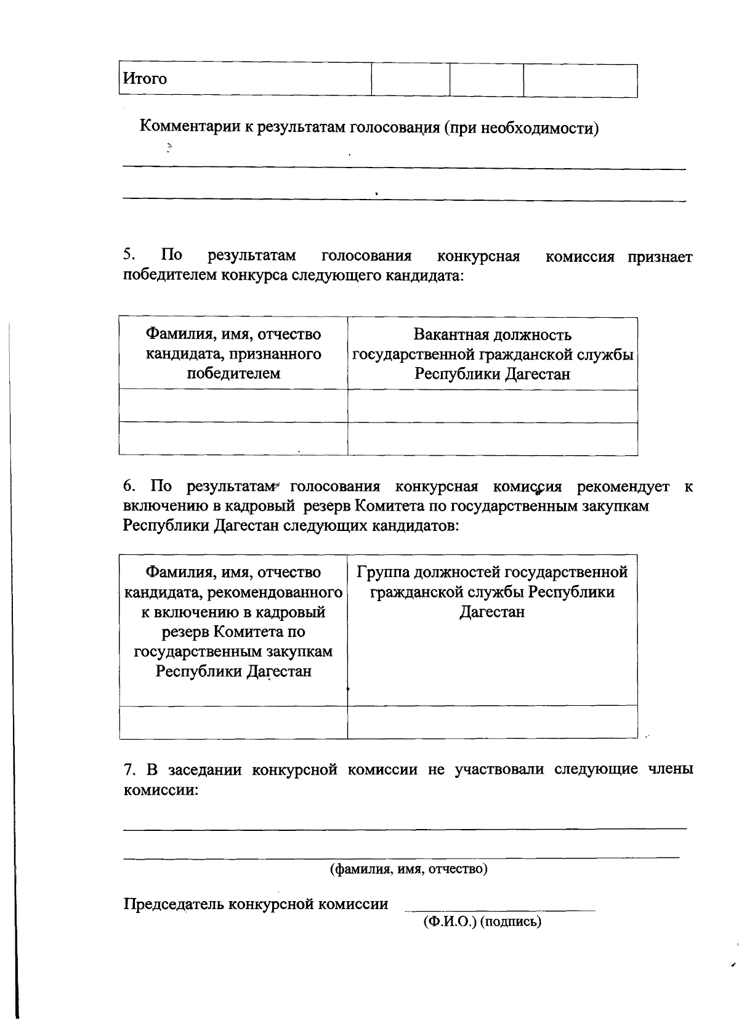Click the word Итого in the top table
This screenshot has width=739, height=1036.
click(145, 79)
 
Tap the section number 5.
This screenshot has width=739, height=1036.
click(128, 255)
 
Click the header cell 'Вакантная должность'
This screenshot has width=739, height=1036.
click(492, 334)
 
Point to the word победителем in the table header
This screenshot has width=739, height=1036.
click(233, 373)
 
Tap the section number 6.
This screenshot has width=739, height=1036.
click(128, 487)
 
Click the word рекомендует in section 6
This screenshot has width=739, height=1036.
click(623, 487)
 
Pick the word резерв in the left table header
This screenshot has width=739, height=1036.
click(185, 632)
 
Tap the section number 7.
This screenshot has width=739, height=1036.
click(128, 769)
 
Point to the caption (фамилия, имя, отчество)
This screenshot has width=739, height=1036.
click(409, 869)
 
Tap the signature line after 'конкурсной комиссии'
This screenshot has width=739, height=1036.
click(499, 909)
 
